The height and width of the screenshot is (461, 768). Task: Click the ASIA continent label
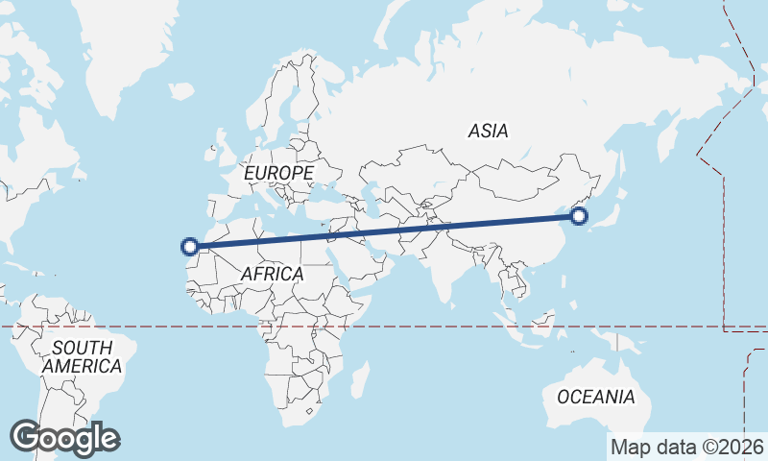coord(489,131)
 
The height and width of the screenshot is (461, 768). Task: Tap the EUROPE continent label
coord(278,173)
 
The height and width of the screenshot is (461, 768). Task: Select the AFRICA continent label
coord(272,274)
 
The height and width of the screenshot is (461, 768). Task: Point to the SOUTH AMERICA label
coord(82,356)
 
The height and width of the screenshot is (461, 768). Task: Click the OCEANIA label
coord(596,397)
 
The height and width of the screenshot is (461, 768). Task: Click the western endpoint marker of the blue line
coord(190,247)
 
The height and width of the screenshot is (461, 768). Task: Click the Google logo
coord(64,438)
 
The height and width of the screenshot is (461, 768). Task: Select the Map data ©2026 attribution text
coord(686,447)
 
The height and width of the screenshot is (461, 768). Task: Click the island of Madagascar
coord(360,378)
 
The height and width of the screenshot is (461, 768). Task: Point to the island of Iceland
coord(182,91)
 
